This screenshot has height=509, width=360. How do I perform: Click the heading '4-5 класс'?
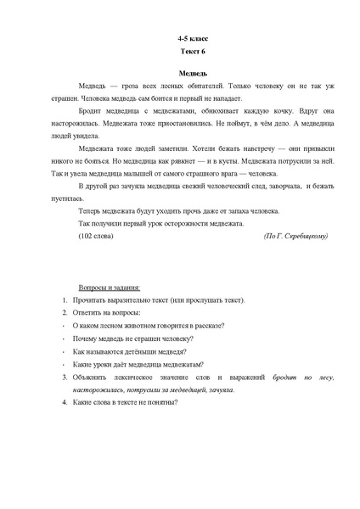click(192, 40)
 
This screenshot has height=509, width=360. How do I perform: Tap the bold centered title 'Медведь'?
click(192, 75)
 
